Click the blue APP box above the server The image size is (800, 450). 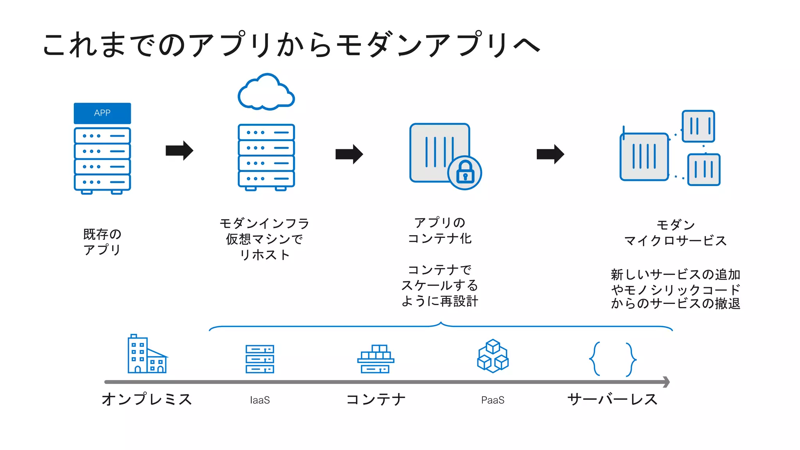[x=102, y=113]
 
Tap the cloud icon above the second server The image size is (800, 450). [x=266, y=93]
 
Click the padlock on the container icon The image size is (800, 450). [x=465, y=172]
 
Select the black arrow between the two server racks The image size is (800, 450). [x=179, y=150]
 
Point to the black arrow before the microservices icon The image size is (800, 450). [x=550, y=154]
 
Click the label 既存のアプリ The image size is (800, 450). [x=102, y=242]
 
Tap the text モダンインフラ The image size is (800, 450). [x=264, y=223]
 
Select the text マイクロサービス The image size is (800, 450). [x=675, y=241]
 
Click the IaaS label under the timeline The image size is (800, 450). [x=260, y=400]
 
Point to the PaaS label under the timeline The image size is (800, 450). [x=493, y=400]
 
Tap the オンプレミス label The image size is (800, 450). [x=147, y=399]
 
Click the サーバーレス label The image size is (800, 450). [x=612, y=399]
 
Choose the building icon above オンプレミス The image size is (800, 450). [x=147, y=355]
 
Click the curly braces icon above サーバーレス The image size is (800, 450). [x=612, y=359]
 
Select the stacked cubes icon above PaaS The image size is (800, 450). [x=493, y=356]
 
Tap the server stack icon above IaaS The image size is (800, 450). [x=260, y=359]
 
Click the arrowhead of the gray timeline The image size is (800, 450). [x=666, y=382]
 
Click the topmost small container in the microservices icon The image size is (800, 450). [x=698, y=126]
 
